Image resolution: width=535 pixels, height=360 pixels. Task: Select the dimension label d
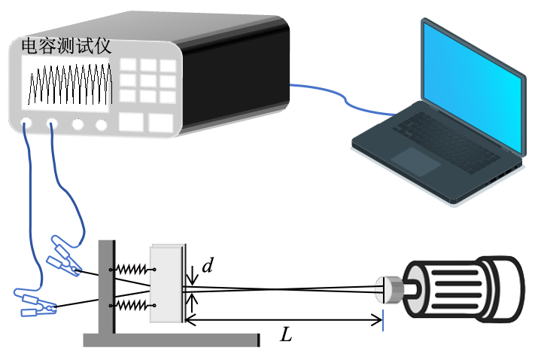(x=208, y=266)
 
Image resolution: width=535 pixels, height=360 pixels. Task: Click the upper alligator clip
(x=65, y=256)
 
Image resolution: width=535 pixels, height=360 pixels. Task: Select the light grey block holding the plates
(x=166, y=284)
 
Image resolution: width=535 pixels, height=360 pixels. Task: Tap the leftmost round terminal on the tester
(x=27, y=123)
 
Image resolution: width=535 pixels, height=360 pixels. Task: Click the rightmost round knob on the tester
(x=102, y=124)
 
